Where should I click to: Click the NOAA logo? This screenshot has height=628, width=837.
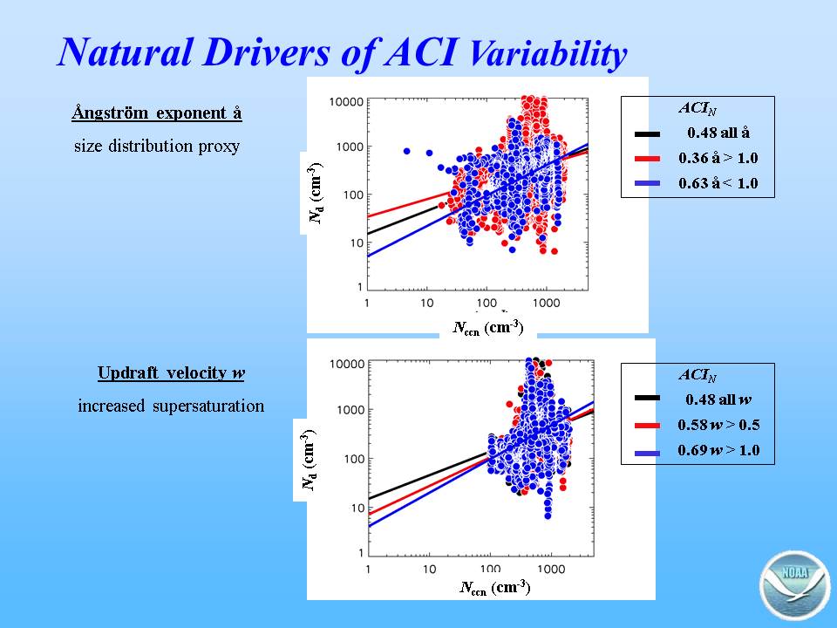pos(793,586)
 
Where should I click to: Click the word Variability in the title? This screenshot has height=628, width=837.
pos(548,53)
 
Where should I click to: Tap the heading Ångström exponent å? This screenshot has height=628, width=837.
pos(157,113)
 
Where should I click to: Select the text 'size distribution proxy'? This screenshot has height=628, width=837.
pos(157,146)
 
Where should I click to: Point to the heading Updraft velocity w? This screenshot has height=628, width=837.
pos(172,372)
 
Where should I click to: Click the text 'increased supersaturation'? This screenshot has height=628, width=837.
pos(171,406)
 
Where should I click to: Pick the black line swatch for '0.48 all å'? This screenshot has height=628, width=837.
pos(648,134)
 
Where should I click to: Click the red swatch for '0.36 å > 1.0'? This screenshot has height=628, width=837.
pos(648,159)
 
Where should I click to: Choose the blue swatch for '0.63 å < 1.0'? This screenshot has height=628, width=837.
pos(648,183)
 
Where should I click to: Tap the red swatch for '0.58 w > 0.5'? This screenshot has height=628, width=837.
pos(648,426)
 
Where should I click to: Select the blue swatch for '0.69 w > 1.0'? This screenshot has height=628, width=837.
pos(648,453)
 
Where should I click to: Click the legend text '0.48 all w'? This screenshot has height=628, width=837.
pos(718,399)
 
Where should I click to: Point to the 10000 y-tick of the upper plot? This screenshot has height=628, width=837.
pos(346,101)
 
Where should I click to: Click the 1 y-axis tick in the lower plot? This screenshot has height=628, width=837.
pos(361,553)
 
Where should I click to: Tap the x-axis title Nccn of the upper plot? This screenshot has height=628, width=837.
pos(488,327)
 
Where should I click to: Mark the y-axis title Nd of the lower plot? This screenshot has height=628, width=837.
pos(309,460)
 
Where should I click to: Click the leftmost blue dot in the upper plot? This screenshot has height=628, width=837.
pos(407,151)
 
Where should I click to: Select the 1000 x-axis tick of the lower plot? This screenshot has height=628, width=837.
pos(551,570)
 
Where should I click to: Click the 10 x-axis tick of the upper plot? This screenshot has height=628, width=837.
pos(426,304)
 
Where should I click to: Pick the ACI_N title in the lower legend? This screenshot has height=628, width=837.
pos(697,375)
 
